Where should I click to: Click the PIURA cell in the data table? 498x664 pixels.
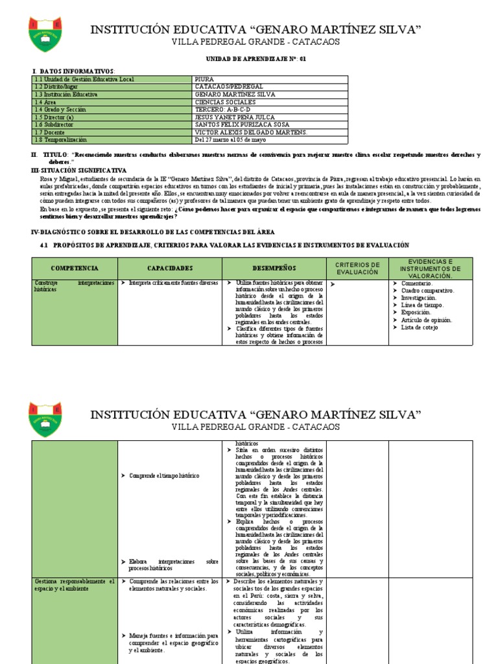[204, 79]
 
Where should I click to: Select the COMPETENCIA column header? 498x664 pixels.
[75, 268]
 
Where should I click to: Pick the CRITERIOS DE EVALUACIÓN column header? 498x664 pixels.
[357, 268]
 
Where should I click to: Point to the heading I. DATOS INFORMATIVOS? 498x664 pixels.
[73, 70]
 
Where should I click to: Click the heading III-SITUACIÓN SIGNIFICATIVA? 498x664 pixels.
[79, 170]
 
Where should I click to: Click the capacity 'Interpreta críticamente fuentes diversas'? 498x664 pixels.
[173, 283]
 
